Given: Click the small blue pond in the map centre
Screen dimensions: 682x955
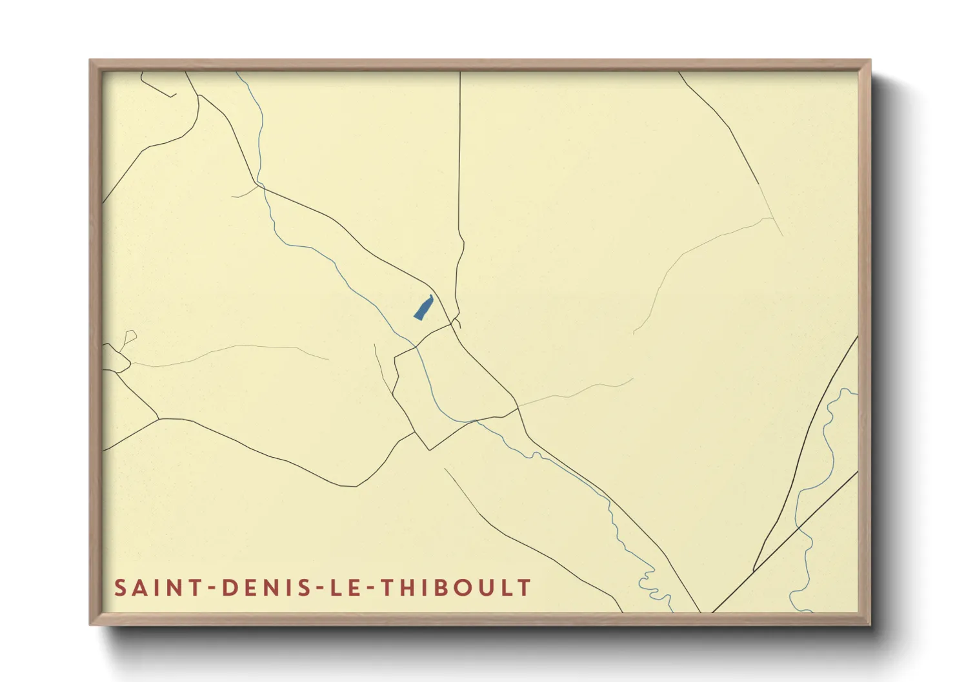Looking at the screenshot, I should pos(423,307).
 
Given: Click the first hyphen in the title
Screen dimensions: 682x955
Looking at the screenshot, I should pos(212,589).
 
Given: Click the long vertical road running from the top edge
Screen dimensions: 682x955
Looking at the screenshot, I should pos(459,161).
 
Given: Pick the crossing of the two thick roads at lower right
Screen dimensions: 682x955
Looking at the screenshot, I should pos(799,527).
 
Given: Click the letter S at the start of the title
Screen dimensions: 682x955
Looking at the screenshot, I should pos(121,588).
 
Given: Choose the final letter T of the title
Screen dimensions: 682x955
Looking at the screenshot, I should pos(526,588).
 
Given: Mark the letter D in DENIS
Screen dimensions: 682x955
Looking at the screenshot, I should pos(228,588).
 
